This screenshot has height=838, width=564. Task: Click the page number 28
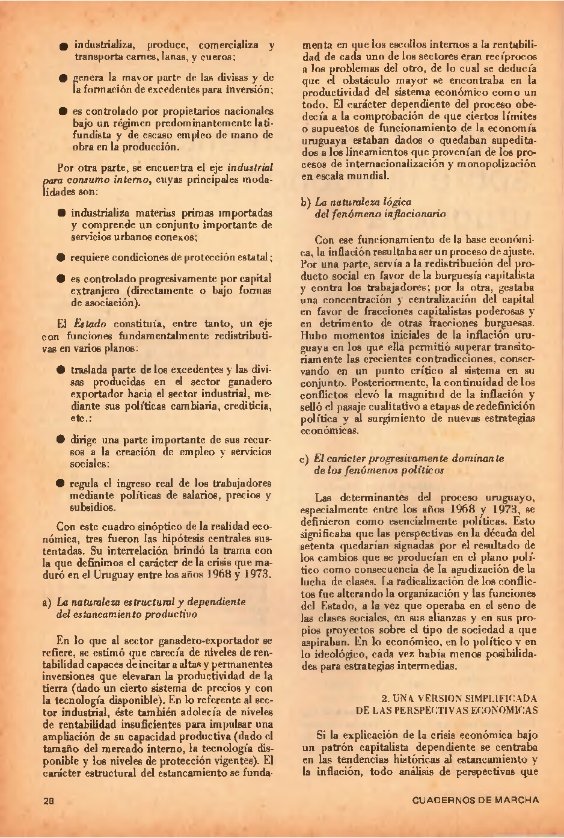click(x=49, y=801)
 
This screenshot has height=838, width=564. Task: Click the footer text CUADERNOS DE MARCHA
click(x=476, y=800)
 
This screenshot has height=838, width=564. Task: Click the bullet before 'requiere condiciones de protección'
click(x=61, y=257)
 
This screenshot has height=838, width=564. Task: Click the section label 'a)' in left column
click(x=47, y=602)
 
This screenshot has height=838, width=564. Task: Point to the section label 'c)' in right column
click(x=304, y=459)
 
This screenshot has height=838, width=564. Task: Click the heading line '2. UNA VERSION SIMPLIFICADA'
click(x=459, y=698)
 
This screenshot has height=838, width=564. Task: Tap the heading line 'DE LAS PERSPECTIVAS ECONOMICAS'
click(x=446, y=710)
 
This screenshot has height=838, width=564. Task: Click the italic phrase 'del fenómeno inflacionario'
click(x=380, y=214)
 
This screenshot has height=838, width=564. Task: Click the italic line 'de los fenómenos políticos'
click(x=378, y=470)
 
